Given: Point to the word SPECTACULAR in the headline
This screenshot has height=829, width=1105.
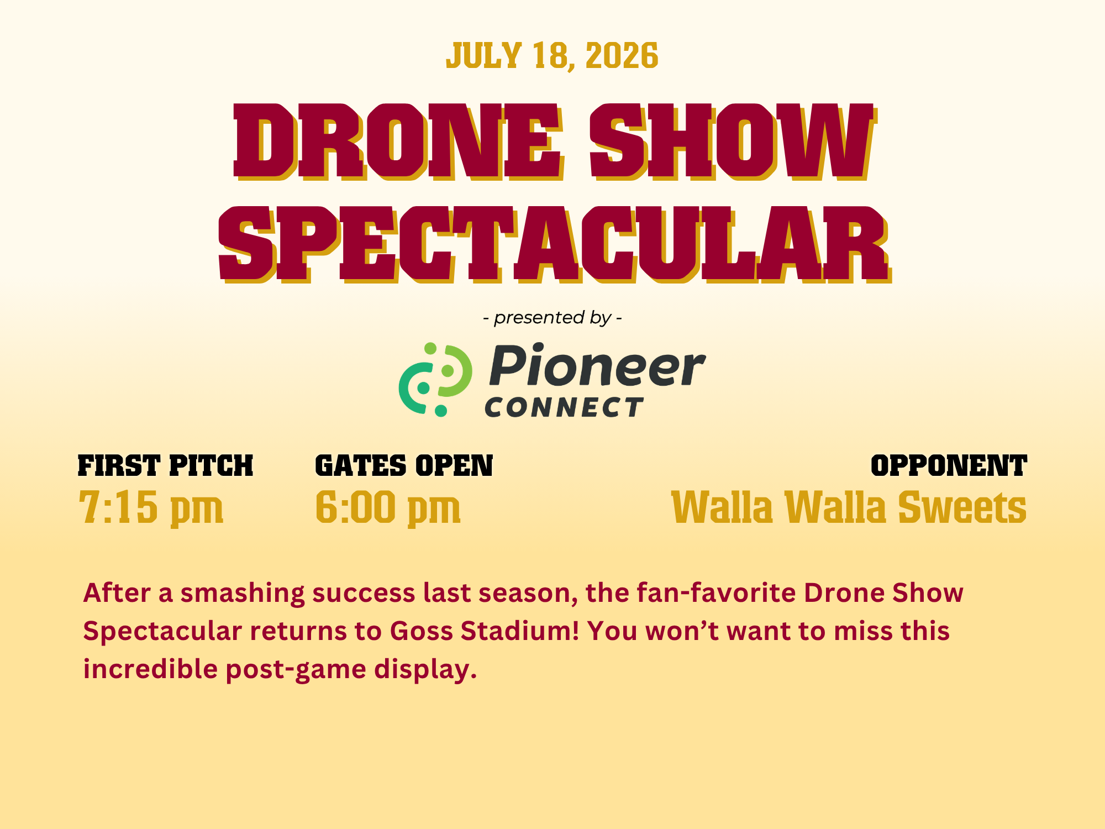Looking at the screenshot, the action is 555,244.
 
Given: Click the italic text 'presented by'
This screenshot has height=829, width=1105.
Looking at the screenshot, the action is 552,318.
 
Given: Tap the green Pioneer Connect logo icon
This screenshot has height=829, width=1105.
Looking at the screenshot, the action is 435,380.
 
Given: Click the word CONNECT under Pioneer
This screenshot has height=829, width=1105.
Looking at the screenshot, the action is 564,407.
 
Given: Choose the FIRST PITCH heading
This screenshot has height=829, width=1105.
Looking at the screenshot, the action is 165,465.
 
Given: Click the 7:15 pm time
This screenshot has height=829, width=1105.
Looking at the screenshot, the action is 151,507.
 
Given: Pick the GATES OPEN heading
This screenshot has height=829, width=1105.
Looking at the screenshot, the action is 404,465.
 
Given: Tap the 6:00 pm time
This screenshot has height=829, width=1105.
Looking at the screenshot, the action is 388,507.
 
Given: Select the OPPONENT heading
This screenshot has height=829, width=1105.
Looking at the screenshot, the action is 949,465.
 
